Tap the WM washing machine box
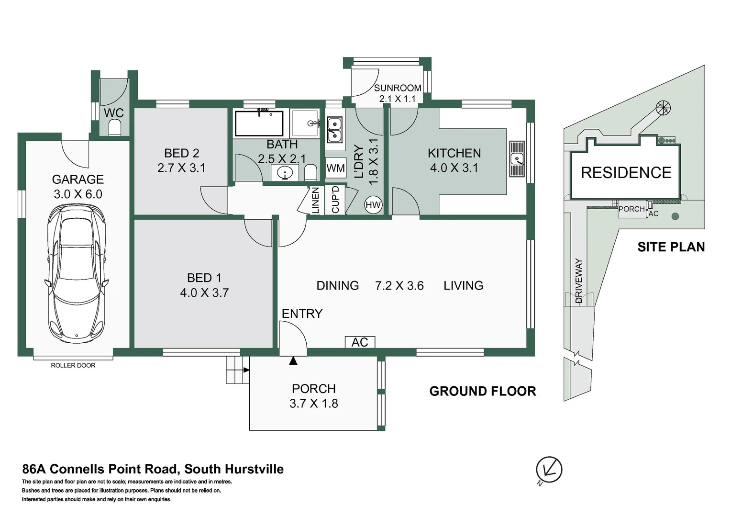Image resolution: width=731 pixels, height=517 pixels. [x=335, y=168]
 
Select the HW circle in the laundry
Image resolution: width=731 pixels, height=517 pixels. [x=373, y=205]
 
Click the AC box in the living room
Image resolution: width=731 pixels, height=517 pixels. [x=360, y=342]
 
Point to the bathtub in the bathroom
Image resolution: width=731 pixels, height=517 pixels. [x=259, y=124]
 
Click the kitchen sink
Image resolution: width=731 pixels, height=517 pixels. [x=517, y=159]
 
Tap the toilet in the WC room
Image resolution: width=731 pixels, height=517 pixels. [x=115, y=128]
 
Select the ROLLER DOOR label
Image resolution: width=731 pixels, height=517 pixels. [x=73, y=365]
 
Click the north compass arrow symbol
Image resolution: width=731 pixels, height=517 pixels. [x=549, y=470]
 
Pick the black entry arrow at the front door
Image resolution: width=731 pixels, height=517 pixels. [x=293, y=360]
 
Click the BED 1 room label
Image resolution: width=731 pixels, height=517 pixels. [x=204, y=278]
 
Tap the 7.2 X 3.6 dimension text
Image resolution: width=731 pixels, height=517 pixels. [x=399, y=286]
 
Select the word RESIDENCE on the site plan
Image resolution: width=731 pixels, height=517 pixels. [x=626, y=172]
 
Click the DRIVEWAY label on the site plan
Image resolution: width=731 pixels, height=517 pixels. [x=579, y=281]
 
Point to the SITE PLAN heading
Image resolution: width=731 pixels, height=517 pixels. [x=671, y=247]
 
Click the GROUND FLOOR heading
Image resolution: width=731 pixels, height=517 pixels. [x=483, y=391]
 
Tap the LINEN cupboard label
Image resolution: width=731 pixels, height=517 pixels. [x=315, y=200]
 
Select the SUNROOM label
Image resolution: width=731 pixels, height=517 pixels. [x=398, y=88]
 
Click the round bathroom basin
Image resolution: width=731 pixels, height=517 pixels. [x=285, y=172]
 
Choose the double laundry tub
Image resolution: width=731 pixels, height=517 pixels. [x=334, y=130]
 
